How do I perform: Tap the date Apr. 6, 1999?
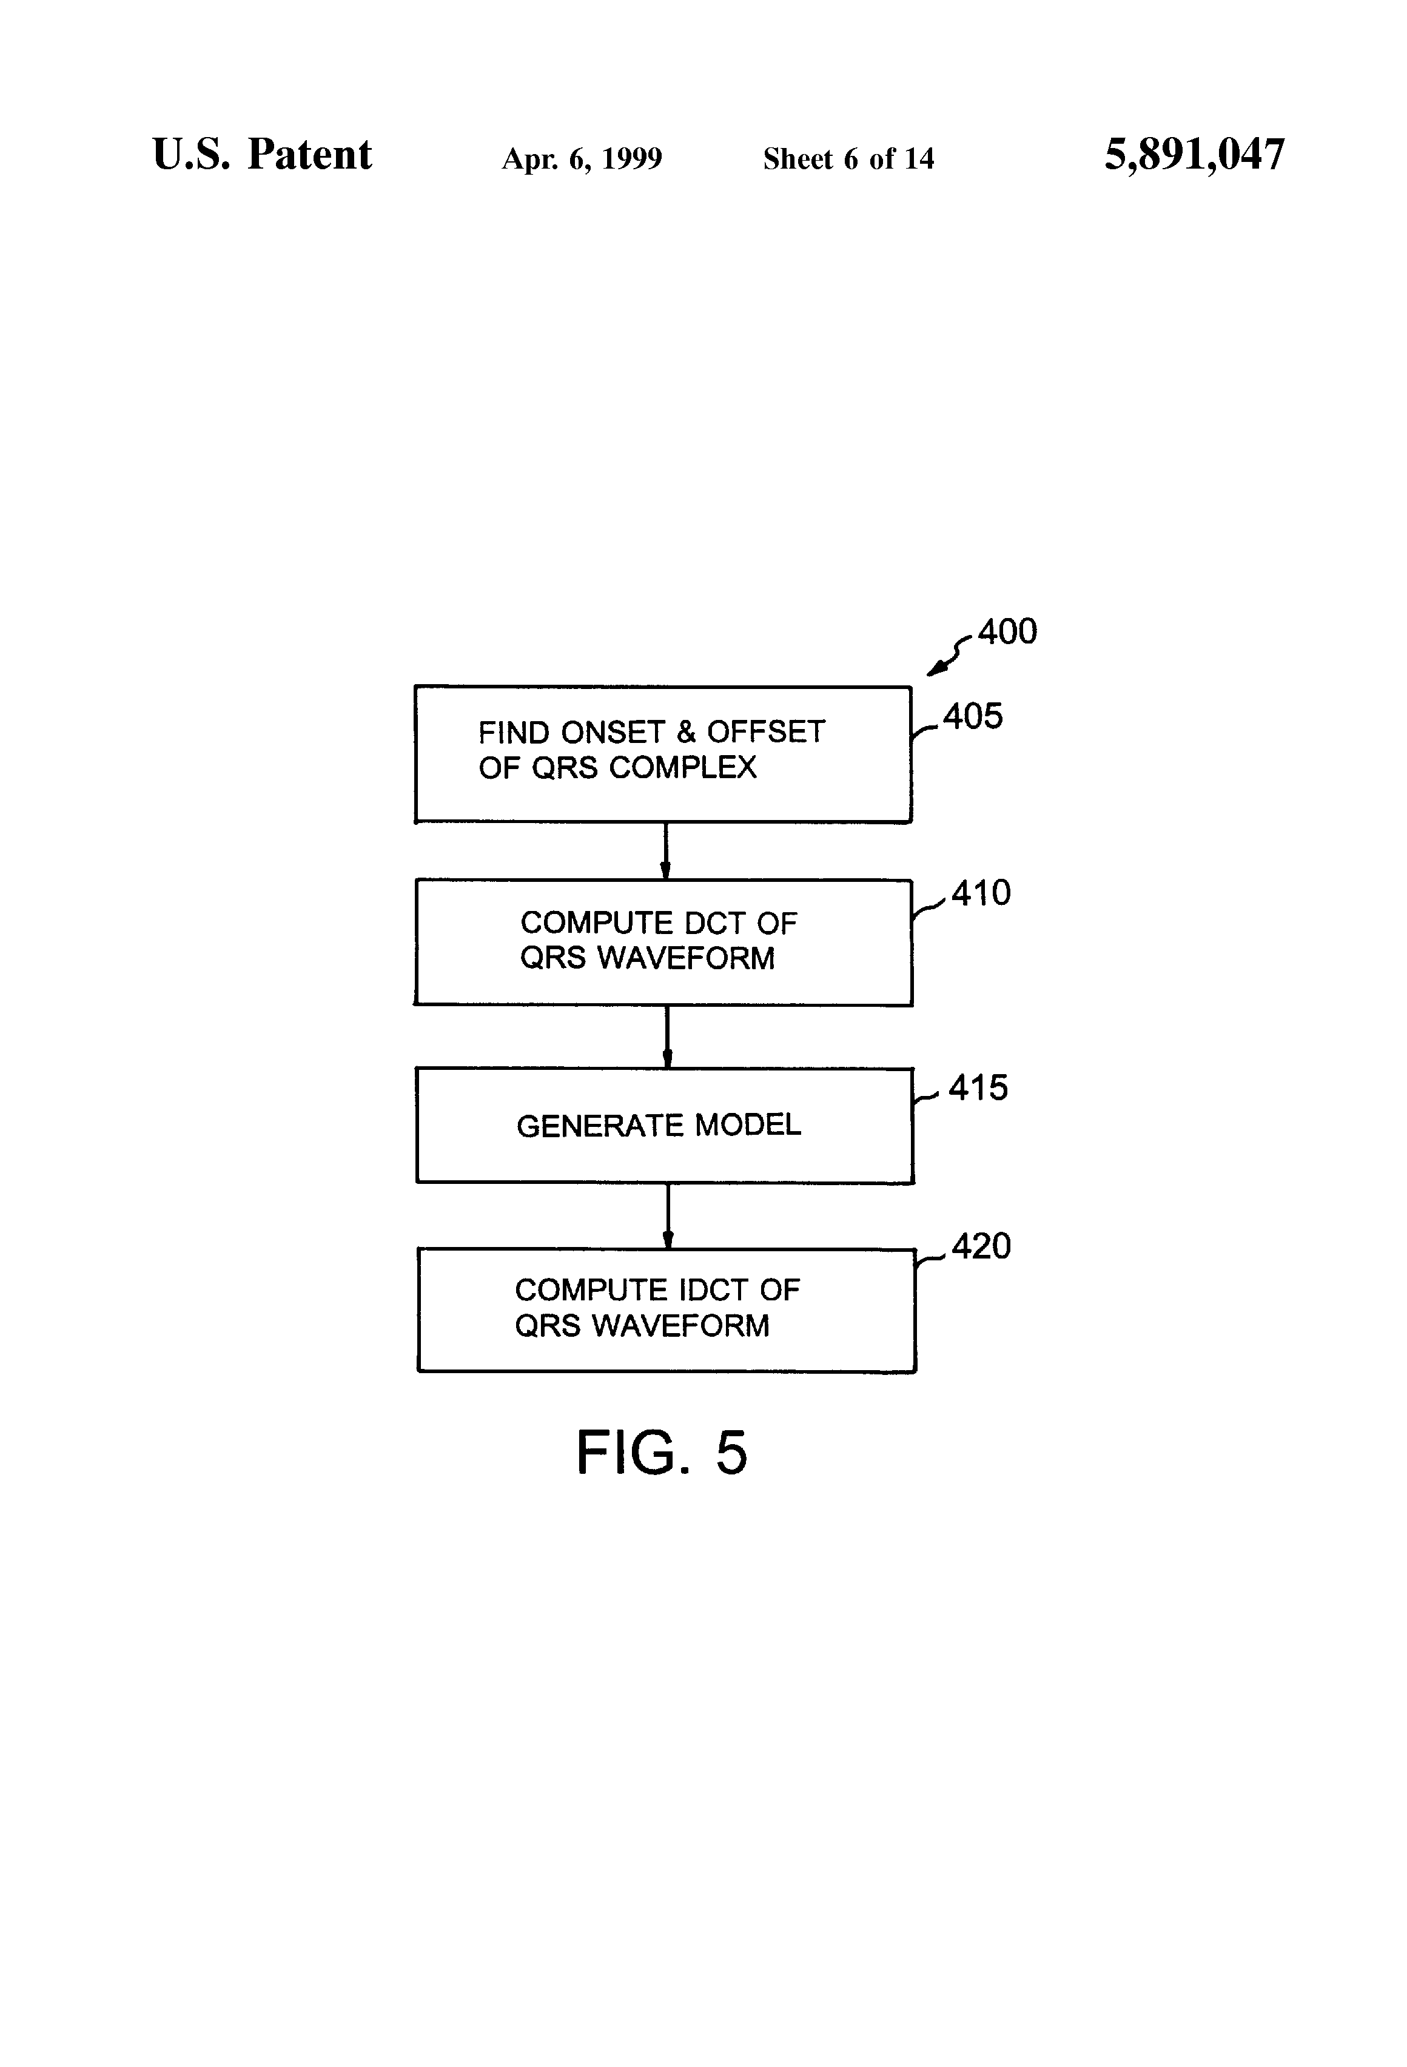(582, 159)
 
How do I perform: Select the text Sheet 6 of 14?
(848, 158)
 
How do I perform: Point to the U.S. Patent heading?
(263, 154)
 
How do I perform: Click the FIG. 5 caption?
(662, 1453)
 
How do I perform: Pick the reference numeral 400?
(1008, 631)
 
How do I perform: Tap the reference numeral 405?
(973, 716)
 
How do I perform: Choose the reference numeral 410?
(981, 893)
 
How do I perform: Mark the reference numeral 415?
(978, 1087)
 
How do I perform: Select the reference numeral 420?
(981, 1246)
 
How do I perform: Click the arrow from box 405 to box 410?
(665, 851)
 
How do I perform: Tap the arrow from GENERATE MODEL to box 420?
(668, 1216)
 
